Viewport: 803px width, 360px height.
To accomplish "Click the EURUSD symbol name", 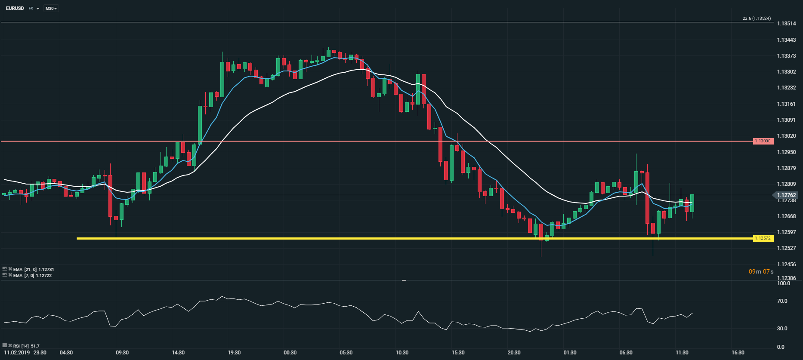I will pyautogui.click(x=15, y=8).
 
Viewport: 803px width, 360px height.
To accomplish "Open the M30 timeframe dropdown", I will pyautogui.click(x=51, y=8).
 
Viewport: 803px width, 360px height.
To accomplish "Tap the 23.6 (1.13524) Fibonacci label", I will pyautogui.click(x=757, y=18).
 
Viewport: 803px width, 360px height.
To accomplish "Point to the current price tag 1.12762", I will pyautogui.click(x=786, y=195).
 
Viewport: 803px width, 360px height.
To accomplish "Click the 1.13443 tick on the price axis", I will pyautogui.click(x=786, y=40).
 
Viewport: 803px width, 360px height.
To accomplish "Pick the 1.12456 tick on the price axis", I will pyautogui.click(x=786, y=265).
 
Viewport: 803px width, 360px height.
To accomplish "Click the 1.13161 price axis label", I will pyautogui.click(x=786, y=104).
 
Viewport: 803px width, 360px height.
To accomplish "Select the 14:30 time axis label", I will pyautogui.click(x=178, y=353).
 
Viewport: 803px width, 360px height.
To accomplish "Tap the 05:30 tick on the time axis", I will pyautogui.click(x=346, y=353).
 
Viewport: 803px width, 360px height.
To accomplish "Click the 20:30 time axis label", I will pyautogui.click(x=514, y=353).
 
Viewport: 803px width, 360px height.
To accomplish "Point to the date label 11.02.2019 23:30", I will pyautogui.click(x=25, y=353).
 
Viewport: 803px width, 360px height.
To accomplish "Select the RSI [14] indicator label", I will pyautogui.click(x=26, y=346).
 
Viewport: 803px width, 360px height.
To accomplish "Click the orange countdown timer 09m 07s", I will pyautogui.click(x=761, y=271).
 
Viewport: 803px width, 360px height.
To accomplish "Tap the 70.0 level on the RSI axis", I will pyautogui.click(x=782, y=301).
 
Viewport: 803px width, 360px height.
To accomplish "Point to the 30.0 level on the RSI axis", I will pyautogui.click(x=782, y=329).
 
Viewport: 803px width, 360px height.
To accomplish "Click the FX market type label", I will pyautogui.click(x=31, y=8).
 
